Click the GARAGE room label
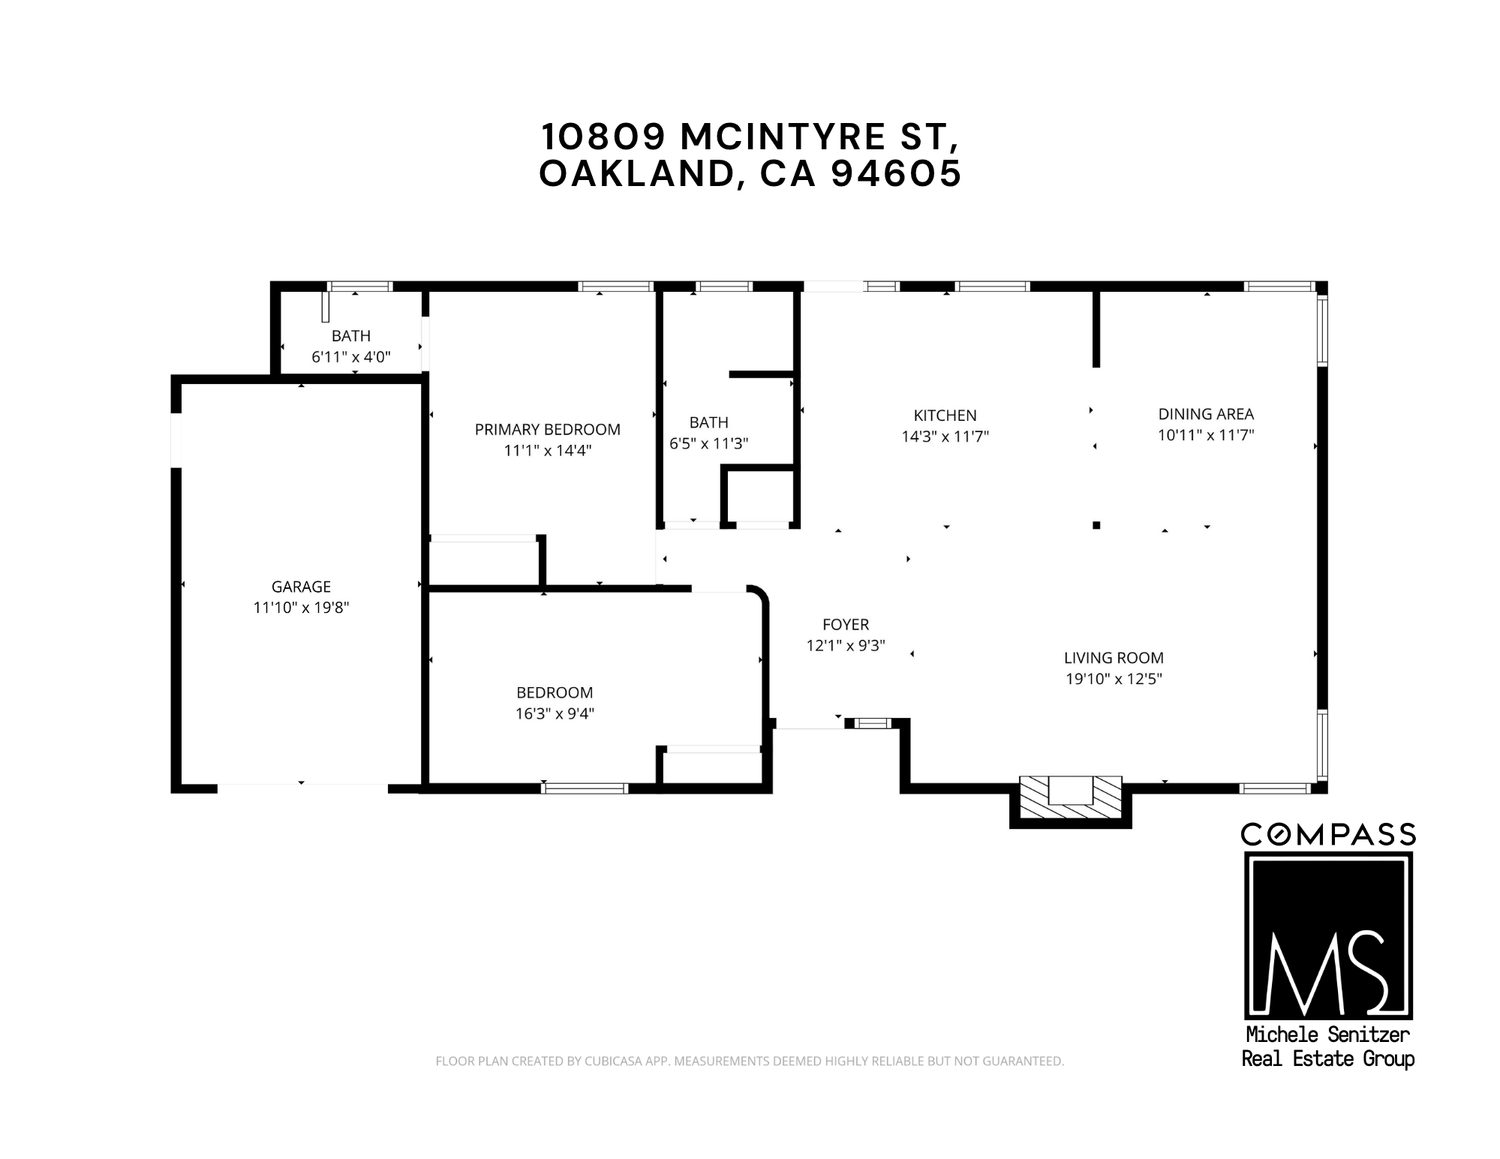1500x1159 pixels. [x=301, y=587]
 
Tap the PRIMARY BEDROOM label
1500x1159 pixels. [x=548, y=429]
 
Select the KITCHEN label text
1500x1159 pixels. [x=945, y=415]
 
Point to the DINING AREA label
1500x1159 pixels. [x=1206, y=413]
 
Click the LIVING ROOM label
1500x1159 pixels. [x=1114, y=658]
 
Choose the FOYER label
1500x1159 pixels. [x=846, y=624]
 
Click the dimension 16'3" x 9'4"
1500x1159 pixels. [x=555, y=713]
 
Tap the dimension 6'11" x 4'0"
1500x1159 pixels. [x=351, y=356]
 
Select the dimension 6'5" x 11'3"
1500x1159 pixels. [x=709, y=443]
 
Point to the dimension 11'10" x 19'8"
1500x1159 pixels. [x=301, y=608]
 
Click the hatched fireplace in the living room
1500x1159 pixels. [x=1071, y=800]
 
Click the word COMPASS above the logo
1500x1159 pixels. [x=1327, y=834]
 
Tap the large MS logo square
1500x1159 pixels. [x=1327, y=935]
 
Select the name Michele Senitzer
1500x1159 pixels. [x=1327, y=1034]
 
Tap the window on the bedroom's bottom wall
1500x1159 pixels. [x=584, y=788]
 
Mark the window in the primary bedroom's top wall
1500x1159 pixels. [x=615, y=286]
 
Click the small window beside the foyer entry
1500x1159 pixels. [x=872, y=723]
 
